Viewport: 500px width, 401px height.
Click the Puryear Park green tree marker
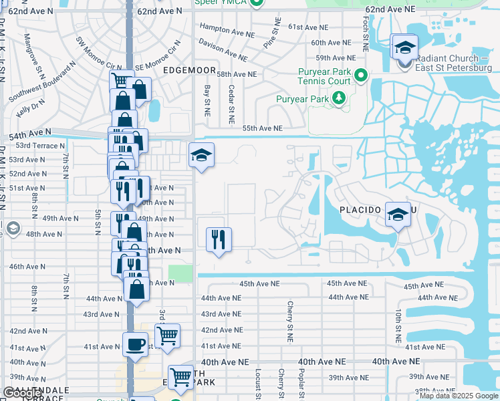click(x=340, y=100)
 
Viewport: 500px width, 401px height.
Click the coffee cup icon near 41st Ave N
click(x=135, y=346)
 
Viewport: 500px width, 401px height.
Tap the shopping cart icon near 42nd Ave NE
click(x=167, y=335)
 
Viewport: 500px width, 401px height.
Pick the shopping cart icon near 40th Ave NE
click(x=180, y=378)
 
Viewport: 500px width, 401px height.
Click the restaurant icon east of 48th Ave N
click(x=219, y=239)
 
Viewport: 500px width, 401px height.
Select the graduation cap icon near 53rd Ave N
click(x=201, y=156)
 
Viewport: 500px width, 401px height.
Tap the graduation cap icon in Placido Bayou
click(x=398, y=214)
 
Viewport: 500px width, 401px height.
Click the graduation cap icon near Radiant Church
click(x=404, y=47)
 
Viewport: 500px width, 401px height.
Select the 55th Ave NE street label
click(x=262, y=128)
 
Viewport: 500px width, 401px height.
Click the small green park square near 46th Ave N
click(x=180, y=273)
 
